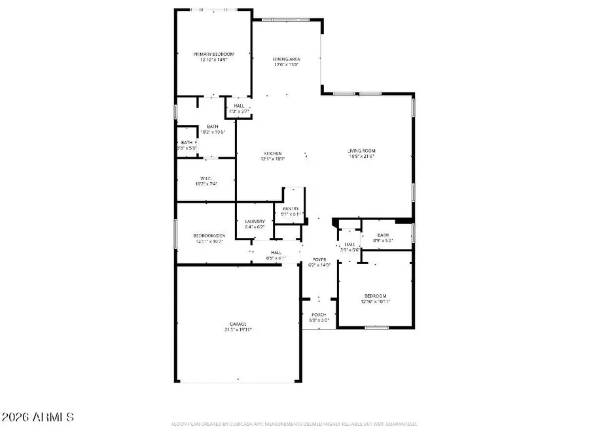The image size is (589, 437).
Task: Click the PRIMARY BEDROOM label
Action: [x=213, y=54]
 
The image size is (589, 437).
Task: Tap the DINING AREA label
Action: [x=286, y=59]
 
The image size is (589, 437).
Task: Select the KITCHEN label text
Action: [x=273, y=153]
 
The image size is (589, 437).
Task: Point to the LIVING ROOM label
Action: [x=361, y=151]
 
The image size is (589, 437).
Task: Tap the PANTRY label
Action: [x=291, y=208]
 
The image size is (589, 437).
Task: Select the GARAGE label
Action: [x=238, y=324]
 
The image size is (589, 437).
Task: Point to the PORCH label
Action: [x=319, y=315]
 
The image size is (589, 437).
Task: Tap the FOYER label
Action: [x=319, y=260]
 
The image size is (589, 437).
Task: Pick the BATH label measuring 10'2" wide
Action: [x=213, y=126]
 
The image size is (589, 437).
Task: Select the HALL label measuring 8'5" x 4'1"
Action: [x=276, y=252]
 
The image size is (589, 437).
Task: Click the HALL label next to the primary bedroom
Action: [x=239, y=106]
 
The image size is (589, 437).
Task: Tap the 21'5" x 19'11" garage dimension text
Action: [x=238, y=330]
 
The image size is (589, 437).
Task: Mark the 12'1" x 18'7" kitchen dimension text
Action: [x=273, y=159]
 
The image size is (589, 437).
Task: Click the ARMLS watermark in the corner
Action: [x=38, y=417]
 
